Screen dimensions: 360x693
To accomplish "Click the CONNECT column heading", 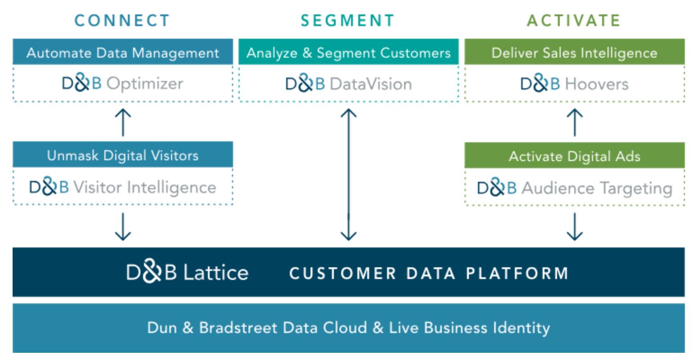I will (x=122, y=21).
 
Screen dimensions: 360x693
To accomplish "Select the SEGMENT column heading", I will (x=348, y=21).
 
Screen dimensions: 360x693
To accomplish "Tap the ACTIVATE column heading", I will (x=574, y=21).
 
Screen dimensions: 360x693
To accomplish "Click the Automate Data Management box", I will (x=123, y=53).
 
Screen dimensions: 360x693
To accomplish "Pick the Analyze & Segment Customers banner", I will (x=348, y=53).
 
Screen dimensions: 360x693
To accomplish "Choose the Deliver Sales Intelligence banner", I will (x=574, y=53).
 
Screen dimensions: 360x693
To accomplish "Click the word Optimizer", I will (x=145, y=84).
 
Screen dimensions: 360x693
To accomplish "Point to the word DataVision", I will (x=370, y=84).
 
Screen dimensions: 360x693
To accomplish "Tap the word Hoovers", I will (x=597, y=84).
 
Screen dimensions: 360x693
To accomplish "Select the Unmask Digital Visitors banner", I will (x=123, y=155).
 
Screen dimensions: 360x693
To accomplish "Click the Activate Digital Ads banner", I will (x=574, y=156).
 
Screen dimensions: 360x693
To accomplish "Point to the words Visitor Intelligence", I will (x=145, y=187).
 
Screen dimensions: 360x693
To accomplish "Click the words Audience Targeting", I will (x=597, y=188).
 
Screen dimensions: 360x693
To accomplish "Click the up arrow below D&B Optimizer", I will (x=123, y=122).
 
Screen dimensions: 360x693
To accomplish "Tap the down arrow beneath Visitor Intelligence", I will (x=123, y=227).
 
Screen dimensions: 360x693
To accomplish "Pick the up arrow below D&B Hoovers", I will (x=575, y=122).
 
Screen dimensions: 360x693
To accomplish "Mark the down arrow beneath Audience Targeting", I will (x=575, y=227).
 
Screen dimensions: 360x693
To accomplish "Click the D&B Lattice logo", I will (x=187, y=273).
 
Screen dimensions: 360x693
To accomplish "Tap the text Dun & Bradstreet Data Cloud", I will (x=257, y=328).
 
